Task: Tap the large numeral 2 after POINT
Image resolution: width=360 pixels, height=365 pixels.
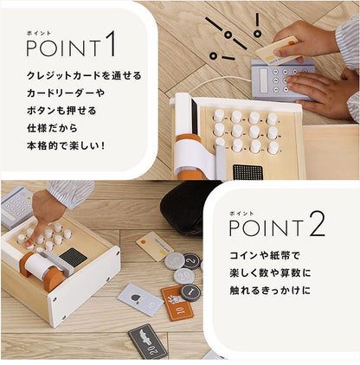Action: [318, 227]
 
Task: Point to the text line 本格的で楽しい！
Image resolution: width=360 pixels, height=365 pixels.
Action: [65, 144]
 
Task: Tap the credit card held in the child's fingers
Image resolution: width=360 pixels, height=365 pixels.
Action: [278, 47]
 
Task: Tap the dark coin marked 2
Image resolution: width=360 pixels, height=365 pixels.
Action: [192, 259]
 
